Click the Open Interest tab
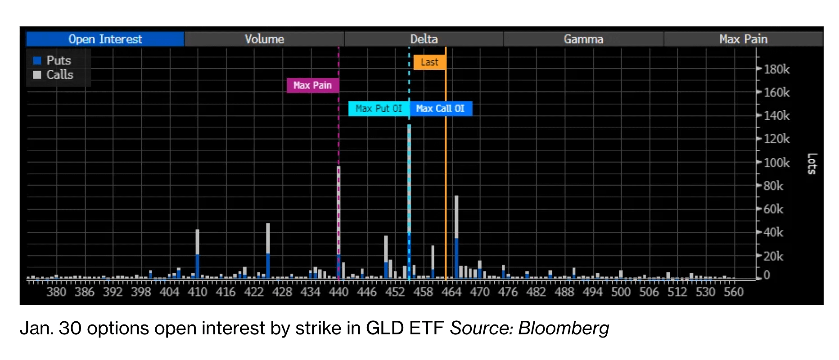105,39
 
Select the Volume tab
264,39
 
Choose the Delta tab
424,39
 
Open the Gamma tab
583,39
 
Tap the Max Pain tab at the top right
743,39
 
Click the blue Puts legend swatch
37,61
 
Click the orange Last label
429,62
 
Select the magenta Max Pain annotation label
312,85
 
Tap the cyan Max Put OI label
379,108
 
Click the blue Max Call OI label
440,108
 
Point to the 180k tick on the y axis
776,69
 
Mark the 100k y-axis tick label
776,162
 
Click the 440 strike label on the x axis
338,292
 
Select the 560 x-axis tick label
734,292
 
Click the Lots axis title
812,164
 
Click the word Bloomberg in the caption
564,328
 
